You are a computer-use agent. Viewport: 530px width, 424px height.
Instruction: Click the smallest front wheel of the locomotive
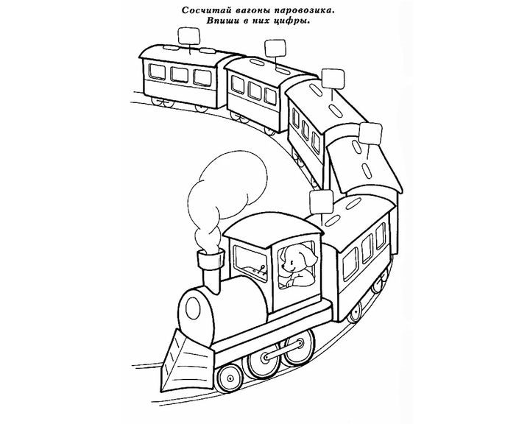[x=230, y=378]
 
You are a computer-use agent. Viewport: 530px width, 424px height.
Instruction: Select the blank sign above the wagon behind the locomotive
[x=322, y=201]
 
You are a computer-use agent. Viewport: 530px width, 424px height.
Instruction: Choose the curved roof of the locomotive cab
[x=273, y=226]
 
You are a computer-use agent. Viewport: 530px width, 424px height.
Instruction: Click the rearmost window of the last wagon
[x=157, y=72]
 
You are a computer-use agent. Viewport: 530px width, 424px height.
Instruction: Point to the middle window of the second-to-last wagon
[x=255, y=90]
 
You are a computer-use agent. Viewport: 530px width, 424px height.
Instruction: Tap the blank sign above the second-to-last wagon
[x=276, y=49]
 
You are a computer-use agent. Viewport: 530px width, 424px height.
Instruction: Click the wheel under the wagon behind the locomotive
[x=356, y=314]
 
